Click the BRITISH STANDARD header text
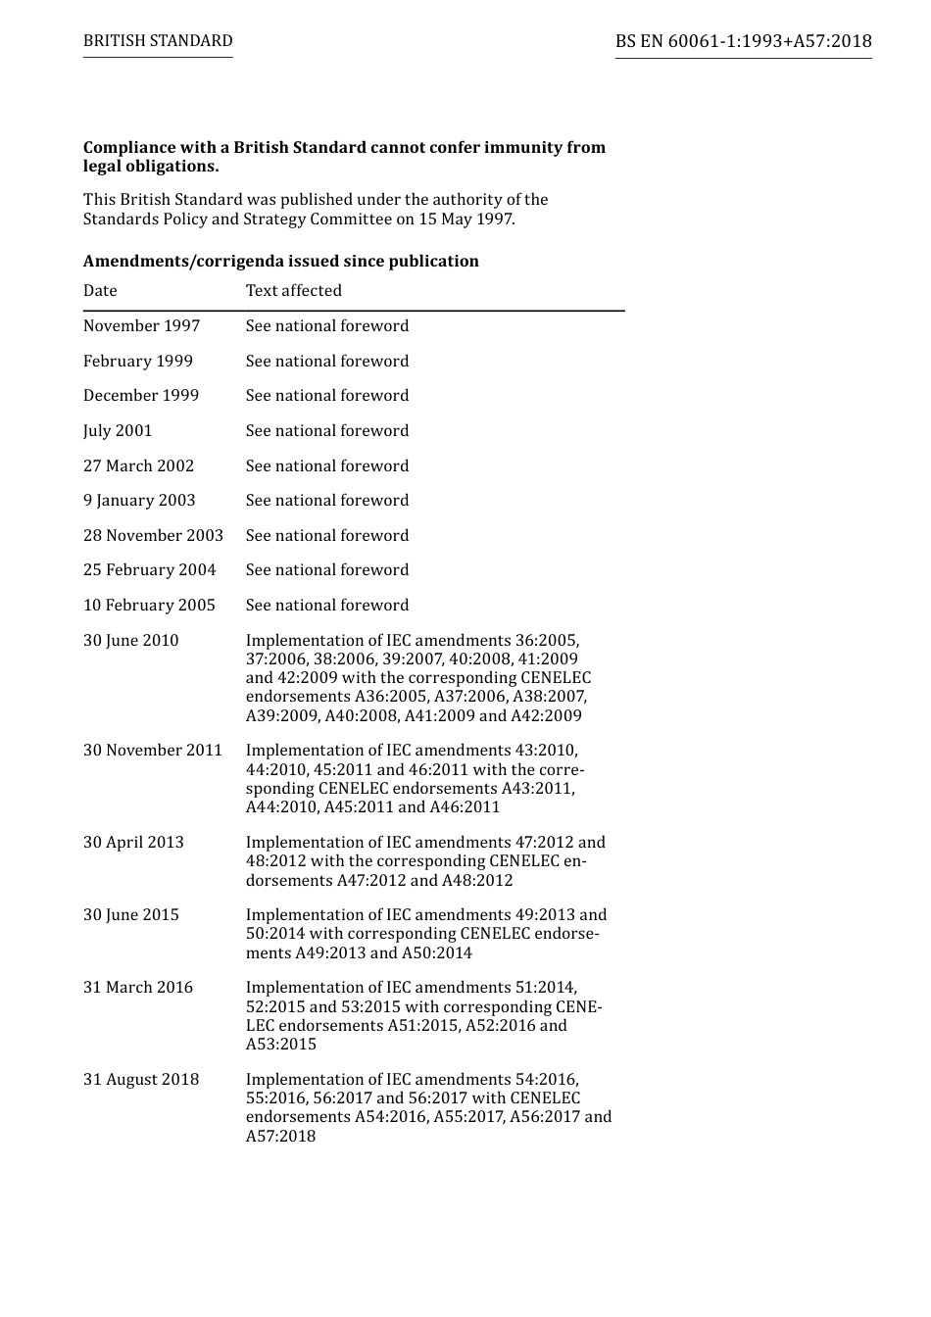(158, 41)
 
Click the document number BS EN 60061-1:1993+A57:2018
(743, 41)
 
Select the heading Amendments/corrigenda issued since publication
(281, 261)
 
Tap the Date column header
(100, 291)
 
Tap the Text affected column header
(294, 291)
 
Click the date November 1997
(141, 326)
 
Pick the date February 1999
(138, 362)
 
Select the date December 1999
(141, 396)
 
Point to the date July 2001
(118, 431)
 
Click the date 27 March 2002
(138, 466)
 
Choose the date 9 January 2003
(139, 501)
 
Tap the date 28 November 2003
(153, 536)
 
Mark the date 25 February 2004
(149, 570)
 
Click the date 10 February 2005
(149, 606)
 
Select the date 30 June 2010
(131, 641)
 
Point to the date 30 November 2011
(153, 751)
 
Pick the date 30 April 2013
(133, 843)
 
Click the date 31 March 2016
(138, 988)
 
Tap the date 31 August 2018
(141, 1080)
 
